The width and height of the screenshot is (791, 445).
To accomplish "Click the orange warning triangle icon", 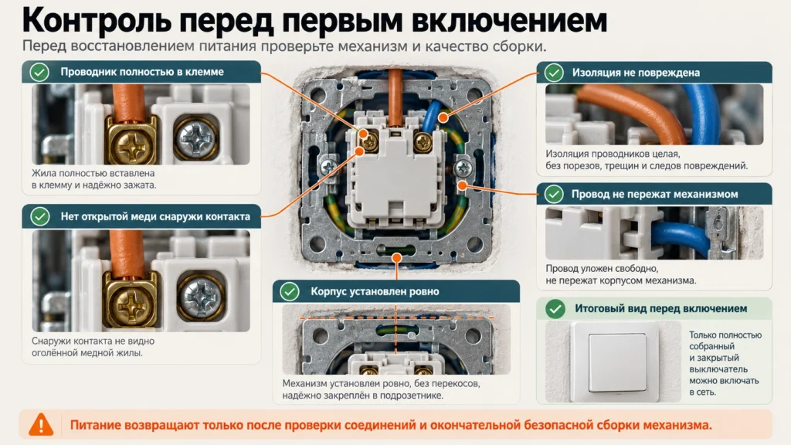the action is point(41,425).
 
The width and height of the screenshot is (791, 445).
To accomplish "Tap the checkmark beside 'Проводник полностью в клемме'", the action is point(39,72).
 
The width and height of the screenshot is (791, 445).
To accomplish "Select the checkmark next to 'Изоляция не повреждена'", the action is point(553,73).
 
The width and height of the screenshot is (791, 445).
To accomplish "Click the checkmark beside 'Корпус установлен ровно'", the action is point(290,291).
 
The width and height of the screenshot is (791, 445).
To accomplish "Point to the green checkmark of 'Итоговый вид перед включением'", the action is point(555,309).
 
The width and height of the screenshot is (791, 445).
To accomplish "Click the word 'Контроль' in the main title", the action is point(96,20).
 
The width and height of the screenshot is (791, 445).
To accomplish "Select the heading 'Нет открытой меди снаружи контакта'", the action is point(155,216).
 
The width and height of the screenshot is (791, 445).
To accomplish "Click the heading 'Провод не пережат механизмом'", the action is point(654,194).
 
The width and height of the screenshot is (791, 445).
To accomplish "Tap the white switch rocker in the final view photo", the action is point(617,362).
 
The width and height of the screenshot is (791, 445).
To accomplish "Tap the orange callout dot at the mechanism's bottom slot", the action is point(396,258).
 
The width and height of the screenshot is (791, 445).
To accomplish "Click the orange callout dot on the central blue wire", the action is point(443,117).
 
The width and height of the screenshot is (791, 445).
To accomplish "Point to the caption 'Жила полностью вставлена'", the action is point(93,173).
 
